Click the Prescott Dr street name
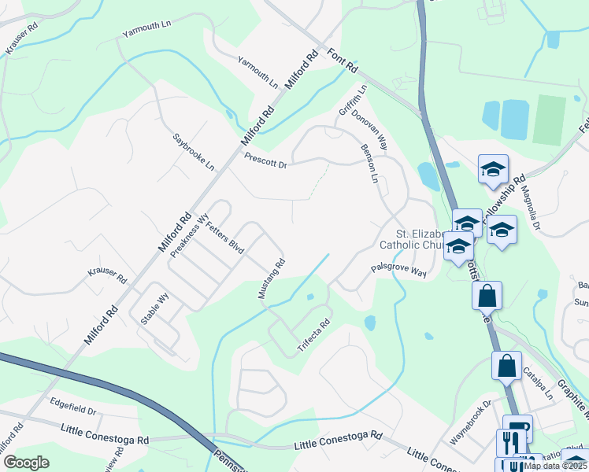click(265, 160)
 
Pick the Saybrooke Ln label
click(194, 152)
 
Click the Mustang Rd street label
click(271, 279)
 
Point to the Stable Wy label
click(155, 305)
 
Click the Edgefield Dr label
click(72, 411)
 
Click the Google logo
click(26, 462)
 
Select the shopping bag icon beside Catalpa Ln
click(506, 367)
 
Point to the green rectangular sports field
click(549, 120)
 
